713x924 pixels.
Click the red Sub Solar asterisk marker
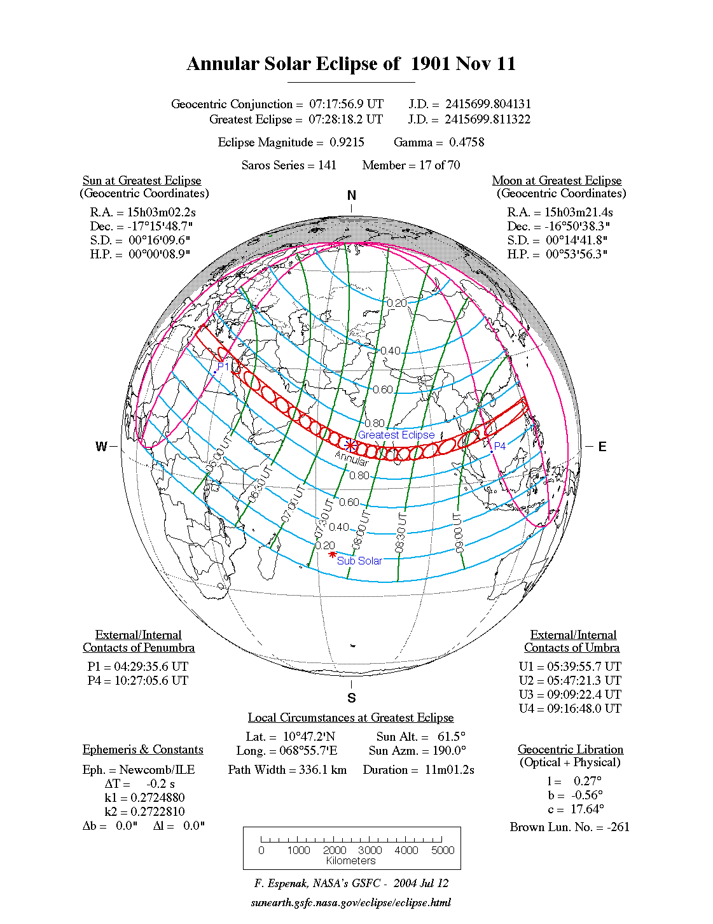pos(332,555)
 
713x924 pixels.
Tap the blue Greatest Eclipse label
pos(396,435)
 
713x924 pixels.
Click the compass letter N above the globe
pos(352,195)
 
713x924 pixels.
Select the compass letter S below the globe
pos(352,698)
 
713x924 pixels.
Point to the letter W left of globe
pos(101,447)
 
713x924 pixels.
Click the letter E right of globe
pos(602,447)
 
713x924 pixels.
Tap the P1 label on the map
pos(223,367)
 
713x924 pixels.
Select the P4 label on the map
pos(500,446)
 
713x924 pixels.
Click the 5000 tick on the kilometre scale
pos(443,850)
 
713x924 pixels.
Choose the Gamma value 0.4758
pos(466,142)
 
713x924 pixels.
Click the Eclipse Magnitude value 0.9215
pos(347,142)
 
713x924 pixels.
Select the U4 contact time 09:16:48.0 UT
pos(584,708)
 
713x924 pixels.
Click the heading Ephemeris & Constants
pos(143,749)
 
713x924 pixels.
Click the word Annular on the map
pos(352,458)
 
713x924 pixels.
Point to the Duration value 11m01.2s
pos(449,769)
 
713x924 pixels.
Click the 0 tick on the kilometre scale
pos(261,850)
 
